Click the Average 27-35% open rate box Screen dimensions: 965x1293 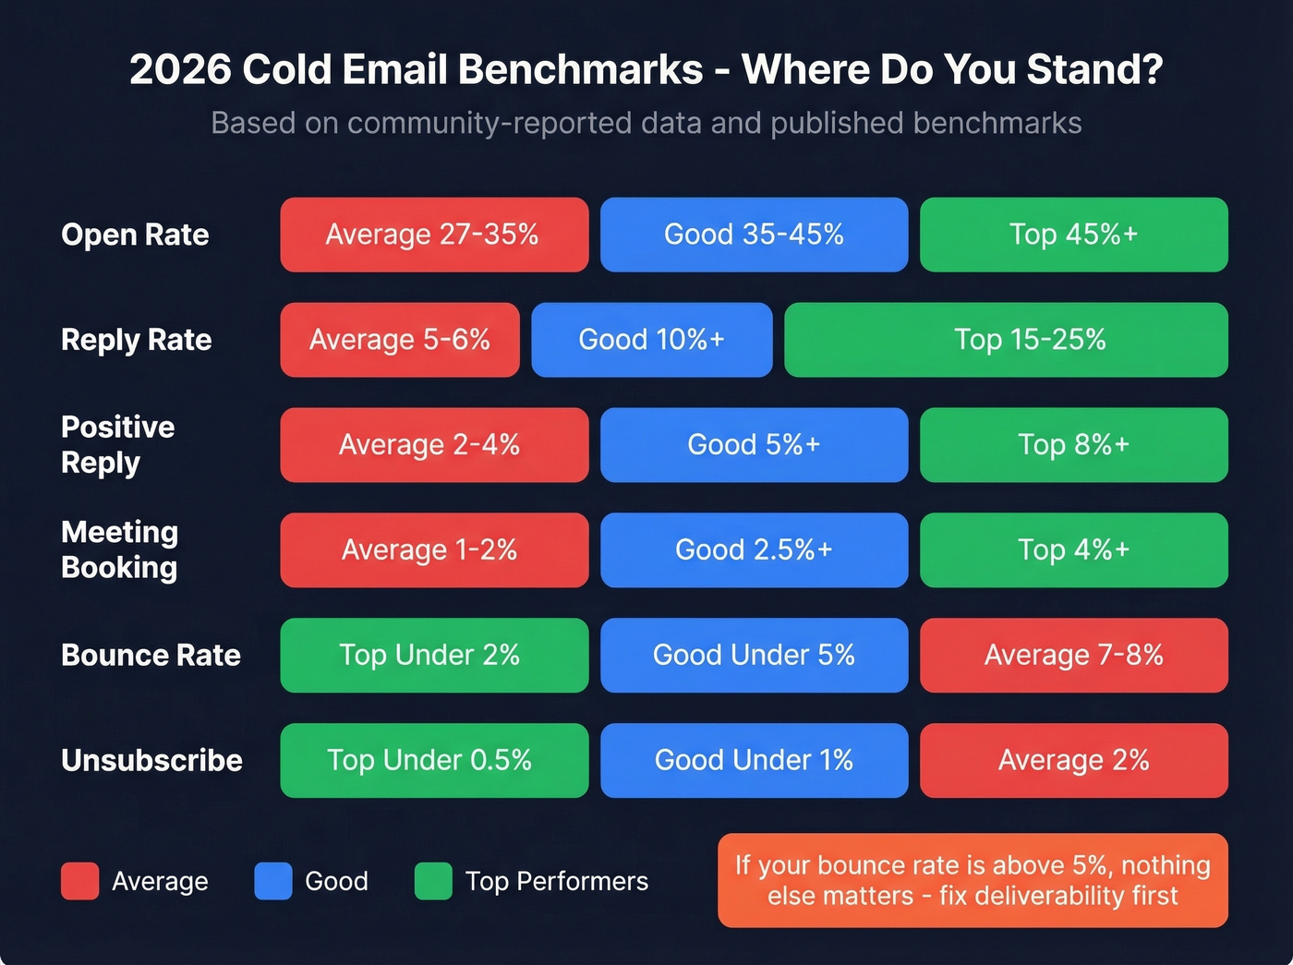pyautogui.click(x=434, y=235)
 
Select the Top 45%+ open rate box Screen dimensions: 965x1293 pyautogui.click(x=1073, y=235)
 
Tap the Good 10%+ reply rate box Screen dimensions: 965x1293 pyautogui.click(x=651, y=340)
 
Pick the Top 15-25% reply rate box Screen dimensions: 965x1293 pyautogui.click(x=1006, y=340)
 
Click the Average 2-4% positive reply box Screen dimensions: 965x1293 pyautogui.click(x=434, y=445)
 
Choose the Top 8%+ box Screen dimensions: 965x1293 pyautogui.click(x=1073, y=445)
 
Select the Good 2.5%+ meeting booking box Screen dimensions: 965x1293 pyautogui.click(x=754, y=550)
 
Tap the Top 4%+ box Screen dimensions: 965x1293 pyautogui.click(x=1073, y=550)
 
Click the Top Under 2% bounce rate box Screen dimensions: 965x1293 pyautogui.click(x=434, y=656)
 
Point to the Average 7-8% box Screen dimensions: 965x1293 pyautogui.click(x=1073, y=656)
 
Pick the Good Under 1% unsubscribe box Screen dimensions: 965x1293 pyautogui.click(x=754, y=761)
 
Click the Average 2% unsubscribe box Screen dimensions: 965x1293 pyautogui.click(x=1073, y=761)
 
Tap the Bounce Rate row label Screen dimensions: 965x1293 pyautogui.click(x=151, y=656)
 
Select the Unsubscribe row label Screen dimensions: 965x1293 pyautogui.click(x=151, y=761)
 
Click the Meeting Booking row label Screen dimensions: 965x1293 pyautogui.click(x=119, y=550)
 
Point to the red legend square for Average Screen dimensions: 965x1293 pyautogui.click(x=79, y=881)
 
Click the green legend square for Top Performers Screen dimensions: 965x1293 pyautogui.click(x=433, y=881)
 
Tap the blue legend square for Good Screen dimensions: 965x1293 pyautogui.click(x=273, y=881)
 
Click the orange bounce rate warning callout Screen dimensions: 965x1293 pyautogui.click(x=973, y=881)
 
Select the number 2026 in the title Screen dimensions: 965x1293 pyautogui.click(x=180, y=70)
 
